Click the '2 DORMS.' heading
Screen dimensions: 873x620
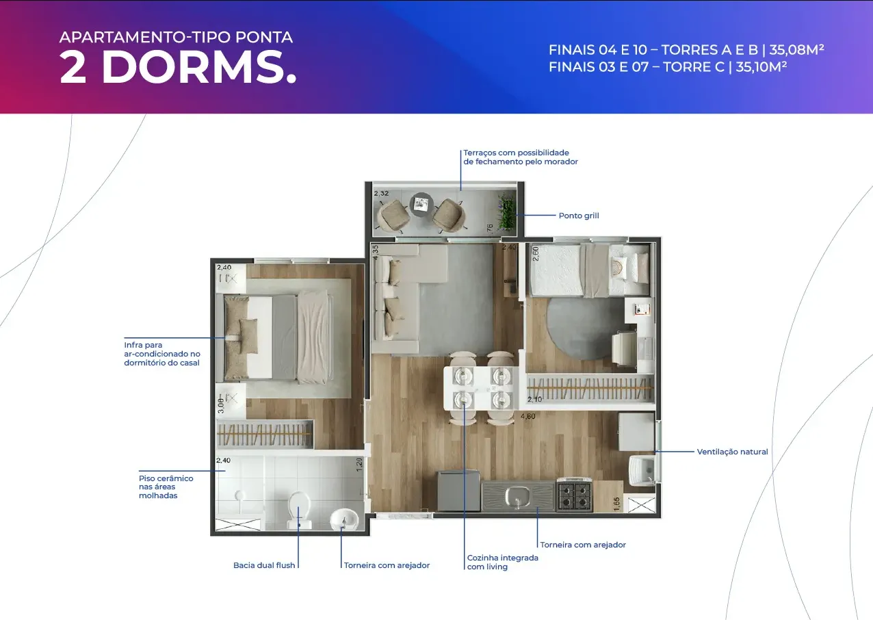point(178,67)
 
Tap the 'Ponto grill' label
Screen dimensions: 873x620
point(579,216)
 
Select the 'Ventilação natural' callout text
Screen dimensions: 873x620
point(732,452)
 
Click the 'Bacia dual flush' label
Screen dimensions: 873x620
point(264,565)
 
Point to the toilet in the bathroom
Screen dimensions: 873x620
point(299,510)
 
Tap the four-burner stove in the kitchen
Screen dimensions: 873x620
point(575,495)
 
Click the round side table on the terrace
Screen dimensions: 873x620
point(421,205)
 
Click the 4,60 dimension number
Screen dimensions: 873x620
point(527,417)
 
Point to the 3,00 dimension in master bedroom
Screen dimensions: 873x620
point(221,406)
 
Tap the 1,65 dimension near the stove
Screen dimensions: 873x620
point(616,504)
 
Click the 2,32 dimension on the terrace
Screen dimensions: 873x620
point(381,194)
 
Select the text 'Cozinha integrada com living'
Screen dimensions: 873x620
point(502,563)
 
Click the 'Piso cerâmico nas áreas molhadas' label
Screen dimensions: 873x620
point(166,487)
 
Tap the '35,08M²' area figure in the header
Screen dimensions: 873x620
point(796,49)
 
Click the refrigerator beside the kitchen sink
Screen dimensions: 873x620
point(458,491)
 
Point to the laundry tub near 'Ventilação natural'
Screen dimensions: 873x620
point(642,471)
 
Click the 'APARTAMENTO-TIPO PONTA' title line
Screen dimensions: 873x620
point(176,38)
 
